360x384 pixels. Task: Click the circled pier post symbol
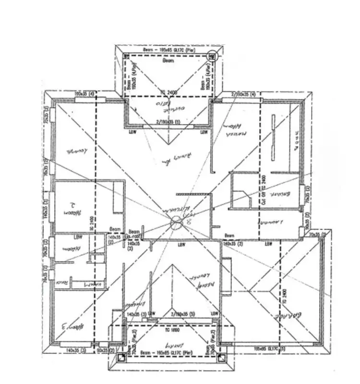pos(212,56)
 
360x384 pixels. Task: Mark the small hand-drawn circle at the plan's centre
pos(176,222)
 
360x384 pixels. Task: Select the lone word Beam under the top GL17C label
pos(168,61)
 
